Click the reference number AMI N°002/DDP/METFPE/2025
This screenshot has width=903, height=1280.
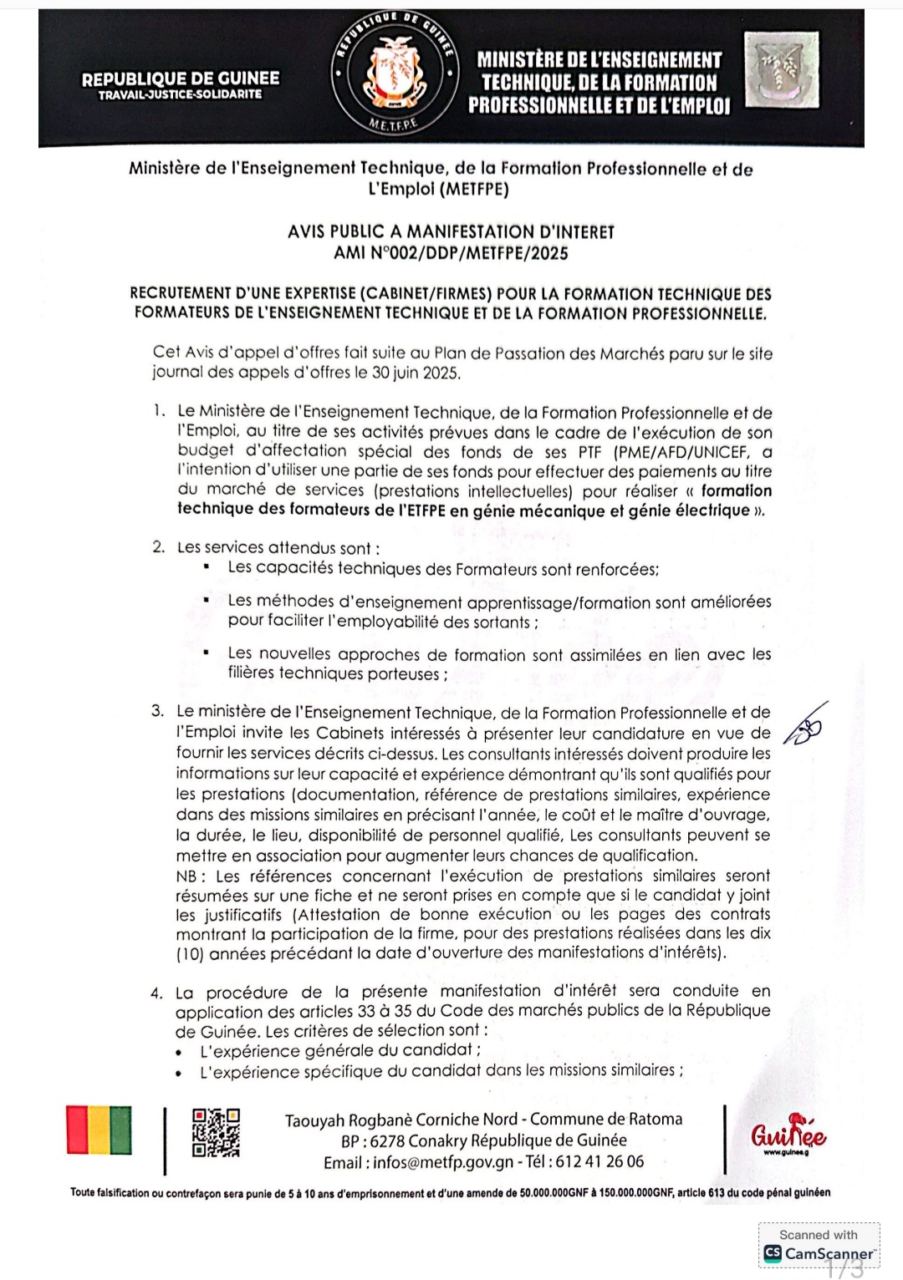tap(451, 252)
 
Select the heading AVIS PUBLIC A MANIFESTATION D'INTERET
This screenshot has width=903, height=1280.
tap(451, 231)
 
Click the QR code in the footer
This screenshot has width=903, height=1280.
tap(216, 1133)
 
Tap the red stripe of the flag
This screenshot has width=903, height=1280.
tap(77, 1130)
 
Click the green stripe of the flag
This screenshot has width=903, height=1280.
tap(121, 1130)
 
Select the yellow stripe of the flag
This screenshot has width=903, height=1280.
tap(99, 1130)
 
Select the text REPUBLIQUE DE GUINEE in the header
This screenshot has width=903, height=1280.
tap(181, 79)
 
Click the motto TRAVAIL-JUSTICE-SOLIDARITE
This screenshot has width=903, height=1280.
tap(181, 95)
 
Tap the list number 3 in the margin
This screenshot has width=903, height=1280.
tap(157, 712)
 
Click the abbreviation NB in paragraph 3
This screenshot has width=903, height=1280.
tap(187, 876)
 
